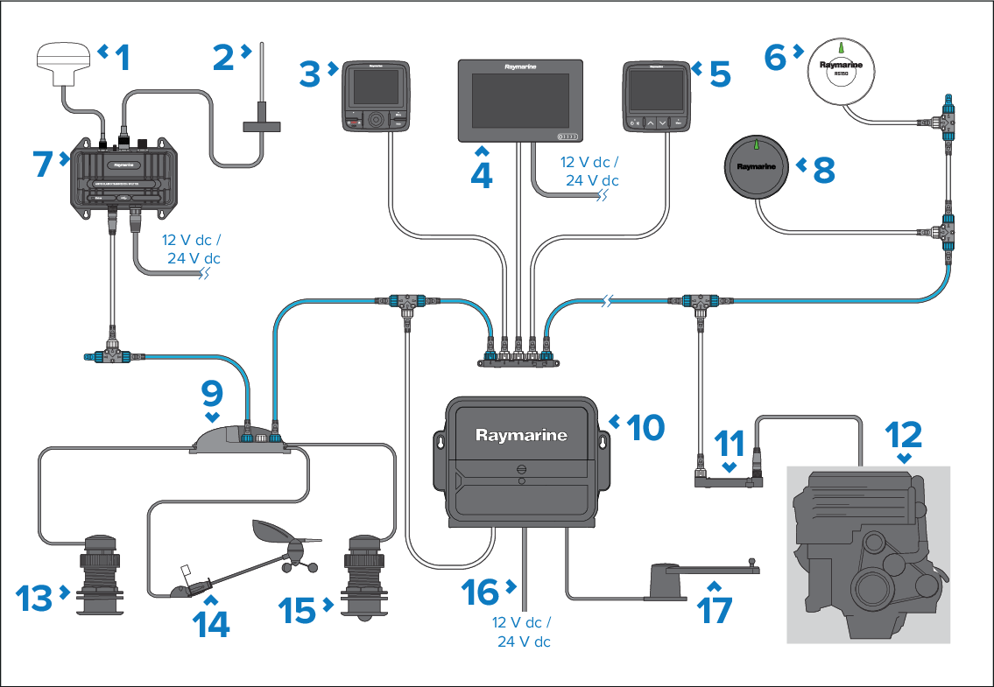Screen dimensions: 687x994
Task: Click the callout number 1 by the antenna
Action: pyautogui.click(x=122, y=58)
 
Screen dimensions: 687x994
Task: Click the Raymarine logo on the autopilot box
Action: pyautogui.click(x=521, y=435)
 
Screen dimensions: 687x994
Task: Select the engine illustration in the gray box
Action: pyautogui.click(x=867, y=551)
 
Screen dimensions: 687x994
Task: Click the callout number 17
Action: pyautogui.click(x=715, y=609)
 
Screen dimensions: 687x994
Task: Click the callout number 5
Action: pyautogui.click(x=719, y=74)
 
